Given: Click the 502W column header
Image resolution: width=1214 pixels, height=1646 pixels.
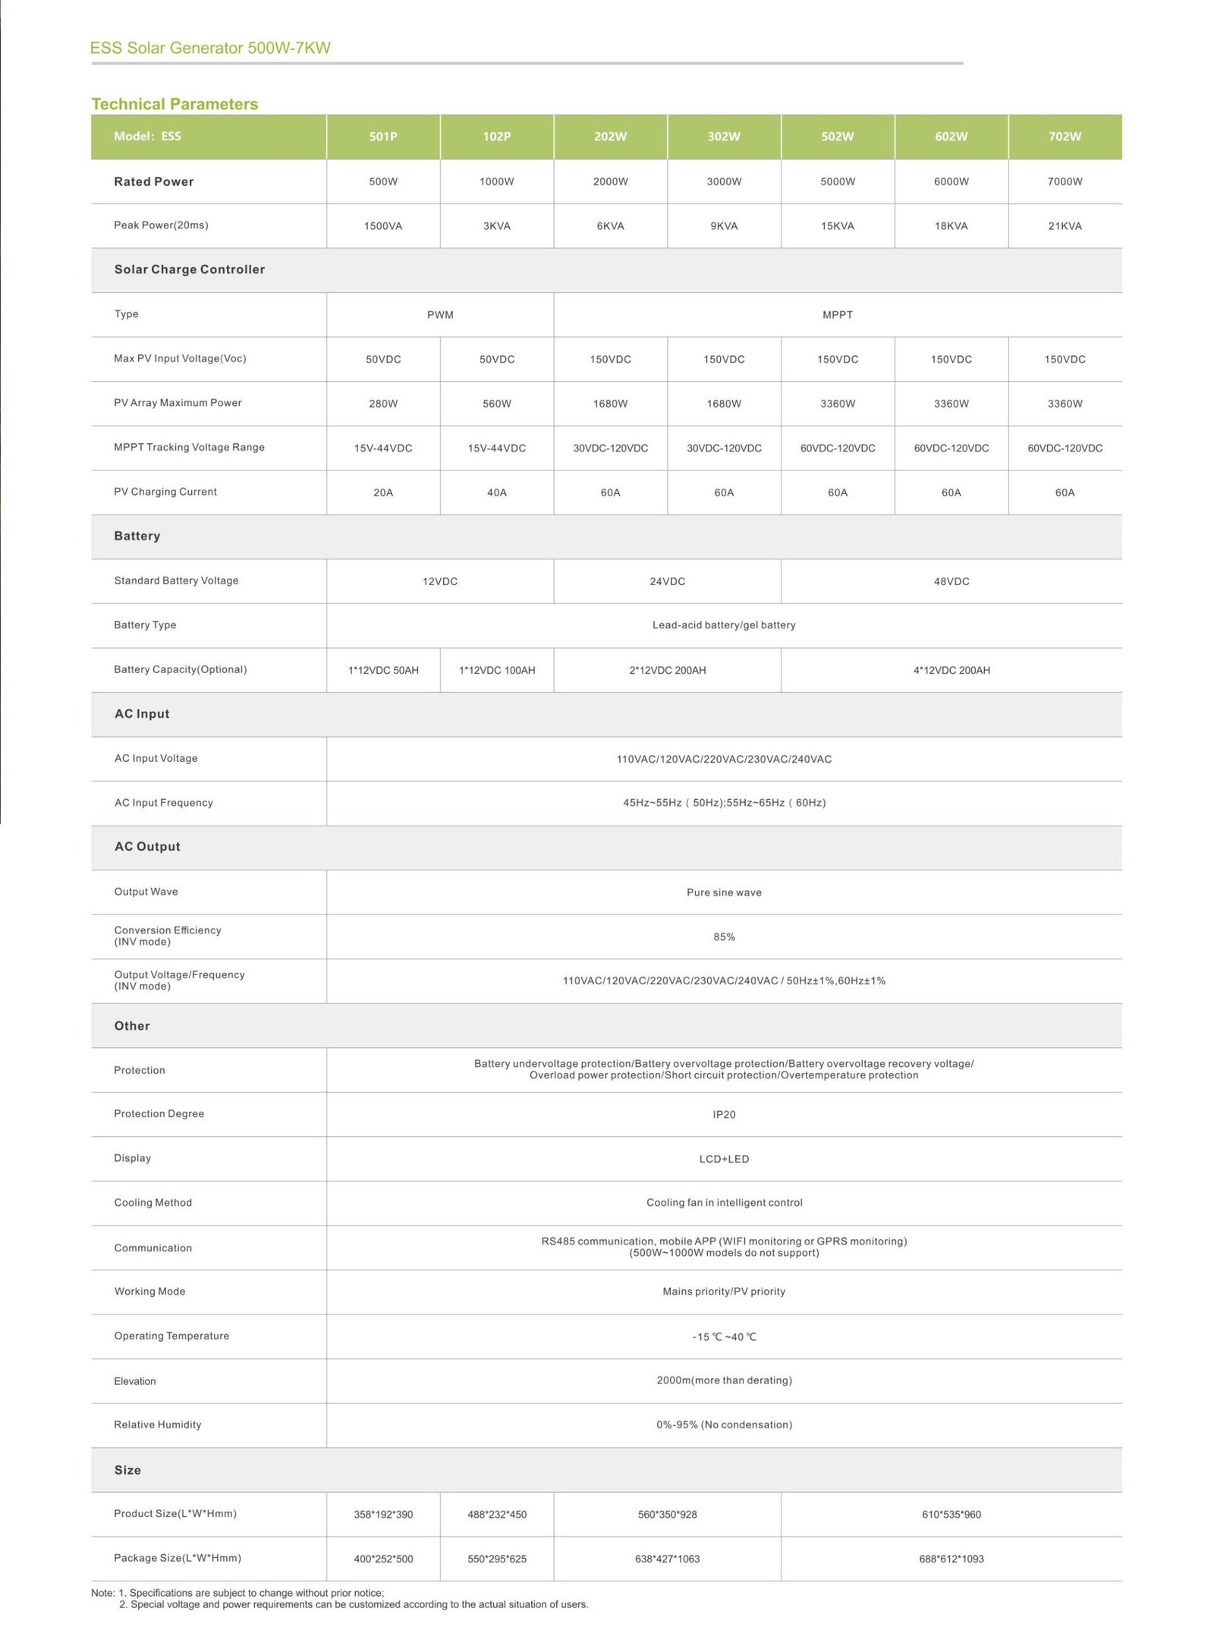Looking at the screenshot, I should click(837, 137).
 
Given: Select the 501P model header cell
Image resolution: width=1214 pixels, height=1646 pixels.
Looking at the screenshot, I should click(383, 137).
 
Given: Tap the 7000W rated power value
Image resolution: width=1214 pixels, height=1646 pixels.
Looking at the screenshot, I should click(1065, 182).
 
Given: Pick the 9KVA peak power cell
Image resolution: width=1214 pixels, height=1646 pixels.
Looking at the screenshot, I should click(724, 226).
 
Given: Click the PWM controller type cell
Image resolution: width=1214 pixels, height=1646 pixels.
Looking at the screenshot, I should click(440, 315).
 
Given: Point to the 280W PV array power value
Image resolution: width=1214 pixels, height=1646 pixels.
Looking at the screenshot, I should click(383, 404).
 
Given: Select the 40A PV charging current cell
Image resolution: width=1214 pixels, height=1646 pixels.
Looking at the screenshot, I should click(497, 493).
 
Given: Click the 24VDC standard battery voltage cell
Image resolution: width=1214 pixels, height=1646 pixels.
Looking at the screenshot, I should click(667, 581).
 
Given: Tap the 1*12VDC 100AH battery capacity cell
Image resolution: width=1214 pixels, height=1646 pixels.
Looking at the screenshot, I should click(497, 670).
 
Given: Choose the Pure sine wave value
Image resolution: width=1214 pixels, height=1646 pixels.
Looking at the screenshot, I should click(724, 892).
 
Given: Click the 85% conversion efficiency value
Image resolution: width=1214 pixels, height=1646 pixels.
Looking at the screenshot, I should click(724, 937).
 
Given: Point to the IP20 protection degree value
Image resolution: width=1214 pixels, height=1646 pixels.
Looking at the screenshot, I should click(724, 1115).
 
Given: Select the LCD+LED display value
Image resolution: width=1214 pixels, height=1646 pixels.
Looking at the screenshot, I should click(724, 1159).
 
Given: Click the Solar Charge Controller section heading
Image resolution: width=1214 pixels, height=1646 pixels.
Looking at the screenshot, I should click(190, 269).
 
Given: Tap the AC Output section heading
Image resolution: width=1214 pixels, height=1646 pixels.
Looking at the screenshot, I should click(147, 847).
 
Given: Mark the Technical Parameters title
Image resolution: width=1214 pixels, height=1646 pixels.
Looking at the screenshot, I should click(175, 104).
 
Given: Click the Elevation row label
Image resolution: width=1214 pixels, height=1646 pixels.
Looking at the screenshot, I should click(135, 1381).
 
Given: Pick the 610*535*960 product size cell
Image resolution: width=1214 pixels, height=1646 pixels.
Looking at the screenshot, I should click(951, 1515).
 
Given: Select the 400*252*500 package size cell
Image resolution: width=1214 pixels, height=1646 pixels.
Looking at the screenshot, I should click(383, 1559).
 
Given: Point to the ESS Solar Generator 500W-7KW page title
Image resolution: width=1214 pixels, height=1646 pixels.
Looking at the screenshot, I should click(210, 48).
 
